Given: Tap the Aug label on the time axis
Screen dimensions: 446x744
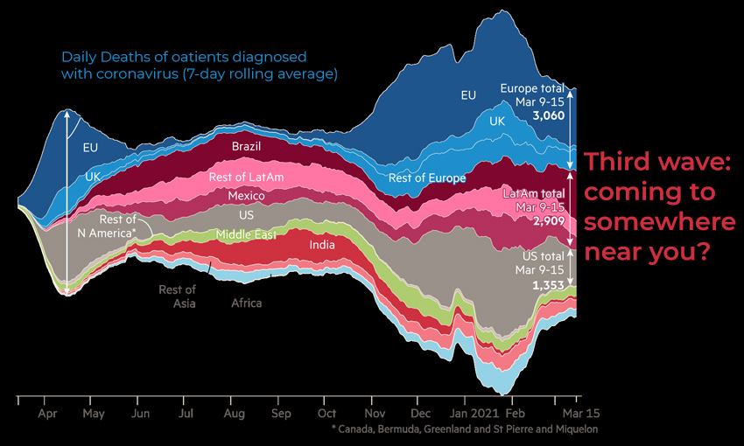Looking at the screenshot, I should pyautogui.click(x=234, y=412).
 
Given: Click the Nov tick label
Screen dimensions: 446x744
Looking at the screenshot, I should pyautogui.click(x=375, y=412).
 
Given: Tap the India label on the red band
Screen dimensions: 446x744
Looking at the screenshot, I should pyautogui.click(x=323, y=245).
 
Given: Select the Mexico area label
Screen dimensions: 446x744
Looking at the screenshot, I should pyautogui.click(x=246, y=196).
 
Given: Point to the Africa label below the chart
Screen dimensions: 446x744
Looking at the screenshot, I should pyautogui.click(x=246, y=303).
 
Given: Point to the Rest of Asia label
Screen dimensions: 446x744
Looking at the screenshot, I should pyautogui.click(x=177, y=296).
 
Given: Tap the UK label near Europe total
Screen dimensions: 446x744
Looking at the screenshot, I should pyautogui.click(x=498, y=121).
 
